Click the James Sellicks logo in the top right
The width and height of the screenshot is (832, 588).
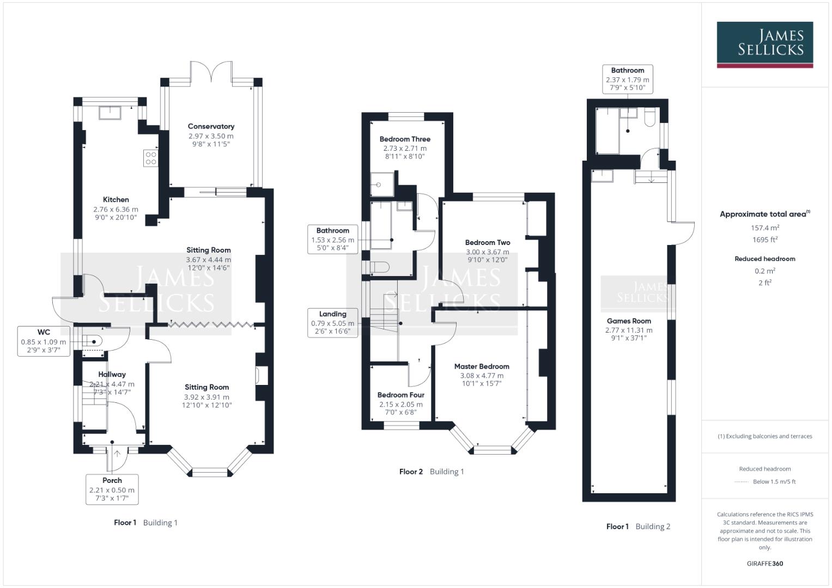coord(764,44)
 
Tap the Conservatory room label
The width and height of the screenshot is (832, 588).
coord(211,126)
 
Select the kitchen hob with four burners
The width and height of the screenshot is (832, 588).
coord(151,158)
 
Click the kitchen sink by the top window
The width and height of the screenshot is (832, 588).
coord(110,112)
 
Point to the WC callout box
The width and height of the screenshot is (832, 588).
coord(44,341)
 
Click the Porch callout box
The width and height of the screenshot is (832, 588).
coord(112,489)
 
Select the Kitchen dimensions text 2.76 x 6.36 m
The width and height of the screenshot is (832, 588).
coord(116,209)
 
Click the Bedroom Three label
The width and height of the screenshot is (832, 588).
coord(405,139)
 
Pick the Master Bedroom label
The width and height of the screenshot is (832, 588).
coord(482,366)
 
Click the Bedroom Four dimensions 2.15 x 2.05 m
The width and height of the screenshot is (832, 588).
coord(400,405)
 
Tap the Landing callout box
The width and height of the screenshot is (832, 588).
coord(332,322)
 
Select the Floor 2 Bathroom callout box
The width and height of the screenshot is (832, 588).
coord(332,240)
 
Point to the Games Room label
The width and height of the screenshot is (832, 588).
coord(629,321)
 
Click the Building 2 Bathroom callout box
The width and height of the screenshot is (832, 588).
coord(627,79)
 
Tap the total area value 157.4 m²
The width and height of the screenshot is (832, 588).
coord(764,228)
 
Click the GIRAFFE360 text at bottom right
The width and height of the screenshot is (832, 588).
coord(764,563)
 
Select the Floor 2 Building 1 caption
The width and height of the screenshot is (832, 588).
coord(432,471)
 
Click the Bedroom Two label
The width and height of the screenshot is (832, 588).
coord(488,242)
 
